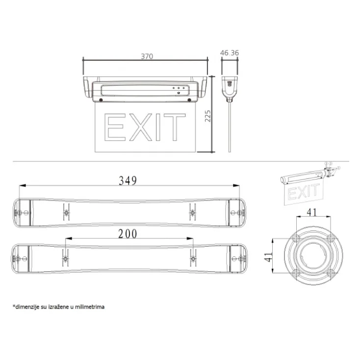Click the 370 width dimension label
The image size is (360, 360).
click(x=147, y=56)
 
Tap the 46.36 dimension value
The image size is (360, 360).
click(x=230, y=53)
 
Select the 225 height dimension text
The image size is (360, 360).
click(x=207, y=116)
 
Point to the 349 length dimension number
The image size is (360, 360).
click(x=128, y=180)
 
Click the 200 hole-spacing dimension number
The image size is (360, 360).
click(x=128, y=234)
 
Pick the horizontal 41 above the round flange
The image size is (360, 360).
click(x=312, y=212)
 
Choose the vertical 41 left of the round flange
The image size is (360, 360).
click(x=268, y=257)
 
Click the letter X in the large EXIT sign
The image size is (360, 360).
click(x=140, y=127)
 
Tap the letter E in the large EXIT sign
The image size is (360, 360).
click(x=115, y=127)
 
